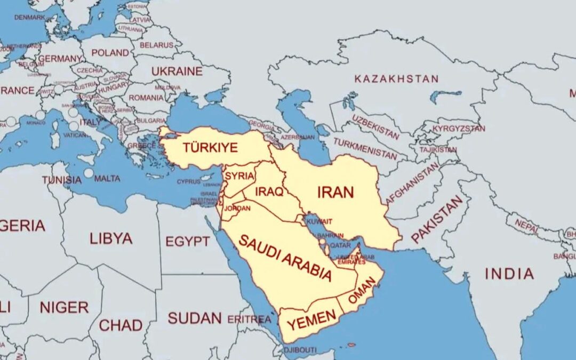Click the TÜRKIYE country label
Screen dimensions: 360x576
210,148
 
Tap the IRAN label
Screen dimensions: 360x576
335,192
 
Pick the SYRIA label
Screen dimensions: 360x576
239,175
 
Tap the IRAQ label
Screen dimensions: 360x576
269,192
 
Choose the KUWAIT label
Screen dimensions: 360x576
319,221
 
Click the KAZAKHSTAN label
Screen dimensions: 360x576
396,79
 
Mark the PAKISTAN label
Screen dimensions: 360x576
437,219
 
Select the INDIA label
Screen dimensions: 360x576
509,274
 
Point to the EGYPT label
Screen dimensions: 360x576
187,242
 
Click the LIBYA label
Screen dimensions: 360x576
111,238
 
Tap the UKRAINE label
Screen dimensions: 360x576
177,71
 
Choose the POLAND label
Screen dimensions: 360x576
110,53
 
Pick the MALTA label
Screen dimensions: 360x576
107,178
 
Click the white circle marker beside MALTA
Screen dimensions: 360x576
89,173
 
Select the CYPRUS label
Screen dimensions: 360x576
189,181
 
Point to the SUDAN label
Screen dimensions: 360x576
195,318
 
